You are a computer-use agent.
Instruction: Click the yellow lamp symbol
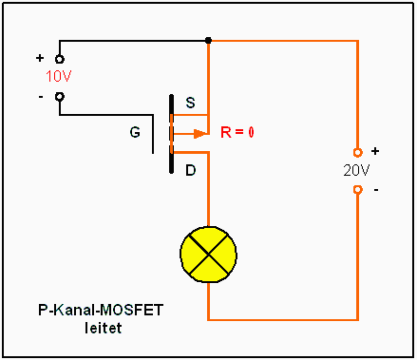coord(207,254)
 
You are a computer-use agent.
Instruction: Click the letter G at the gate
coord(135,133)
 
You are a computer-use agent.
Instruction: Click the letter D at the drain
coord(190,171)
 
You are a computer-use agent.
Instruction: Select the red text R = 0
coord(237,132)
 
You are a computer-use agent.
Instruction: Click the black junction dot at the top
coord(208,41)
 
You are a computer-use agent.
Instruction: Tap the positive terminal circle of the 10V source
coord(59,59)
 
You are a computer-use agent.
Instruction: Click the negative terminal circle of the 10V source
coord(59,95)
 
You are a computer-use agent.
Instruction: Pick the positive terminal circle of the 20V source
coord(357,152)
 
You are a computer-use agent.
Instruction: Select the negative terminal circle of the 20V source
coord(357,189)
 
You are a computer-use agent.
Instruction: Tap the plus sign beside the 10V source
coord(40,57)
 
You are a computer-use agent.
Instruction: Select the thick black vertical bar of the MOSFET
coord(171,133)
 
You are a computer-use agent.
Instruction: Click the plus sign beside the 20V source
coord(374,151)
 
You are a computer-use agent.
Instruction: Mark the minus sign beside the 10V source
coord(40,95)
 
